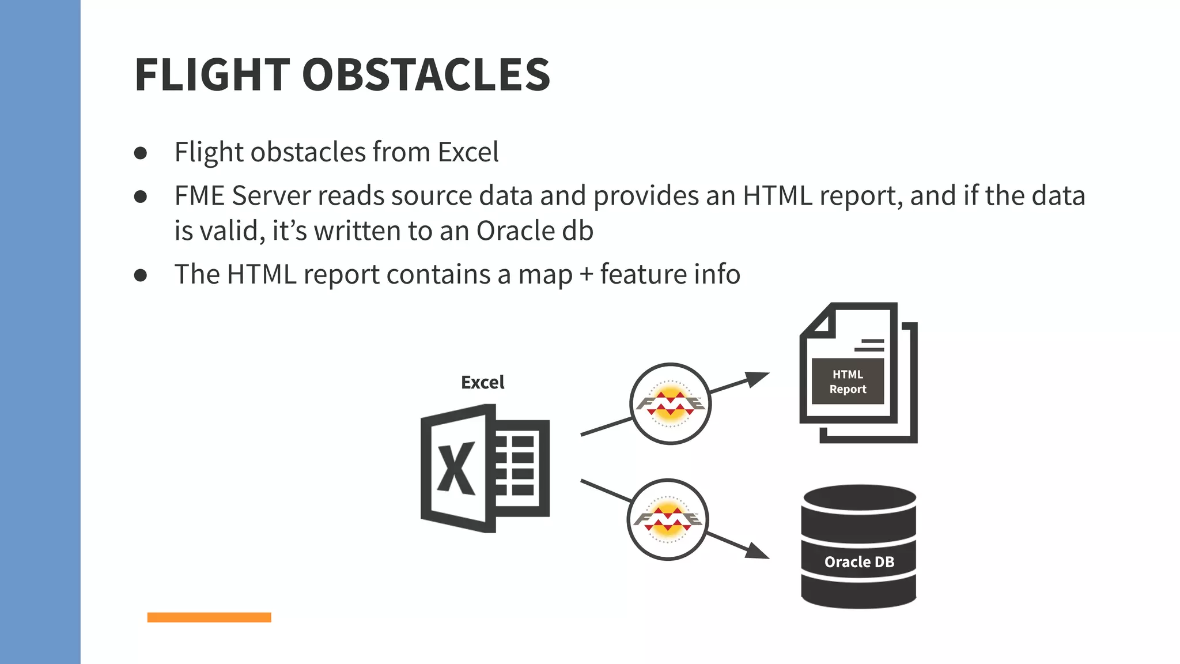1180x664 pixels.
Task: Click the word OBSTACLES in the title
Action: [x=426, y=75]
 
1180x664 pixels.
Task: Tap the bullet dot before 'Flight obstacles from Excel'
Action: [x=141, y=153]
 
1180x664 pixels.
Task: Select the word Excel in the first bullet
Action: [x=468, y=153]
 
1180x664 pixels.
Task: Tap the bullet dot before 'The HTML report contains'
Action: [x=141, y=276]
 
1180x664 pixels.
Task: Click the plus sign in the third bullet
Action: [x=586, y=275]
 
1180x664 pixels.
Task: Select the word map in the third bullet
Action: [x=545, y=275]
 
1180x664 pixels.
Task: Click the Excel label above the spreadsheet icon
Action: [x=482, y=382]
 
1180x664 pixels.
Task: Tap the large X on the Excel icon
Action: [x=456, y=469]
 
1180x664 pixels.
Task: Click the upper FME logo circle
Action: [x=670, y=403]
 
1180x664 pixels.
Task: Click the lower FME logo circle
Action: [x=668, y=519]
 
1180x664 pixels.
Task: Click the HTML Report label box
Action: [x=848, y=382]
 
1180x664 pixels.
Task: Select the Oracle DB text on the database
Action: [x=859, y=562]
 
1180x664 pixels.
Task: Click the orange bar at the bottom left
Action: [x=209, y=617]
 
